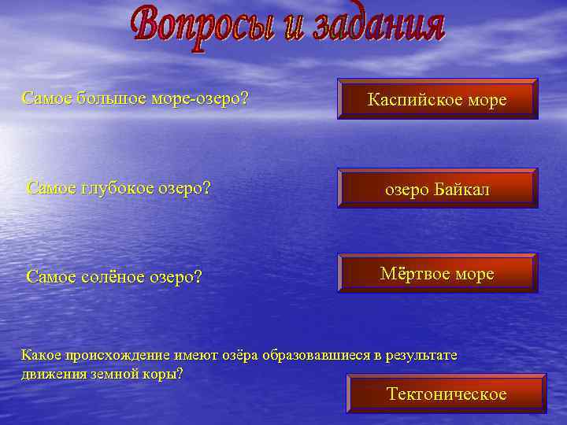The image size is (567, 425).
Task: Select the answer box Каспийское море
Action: pyautogui.click(x=438, y=99)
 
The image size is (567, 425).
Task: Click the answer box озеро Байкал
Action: pyautogui.click(x=438, y=189)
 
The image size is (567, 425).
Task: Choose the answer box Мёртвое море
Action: pyautogui.click(x=438, y=274)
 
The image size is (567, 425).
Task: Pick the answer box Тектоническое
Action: pyautogui.click(x=447, y=394)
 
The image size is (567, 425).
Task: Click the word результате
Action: pyautogui.click(x=420, y=355)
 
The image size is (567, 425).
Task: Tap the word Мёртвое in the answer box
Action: pyautogui.click(x=414, y=274)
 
